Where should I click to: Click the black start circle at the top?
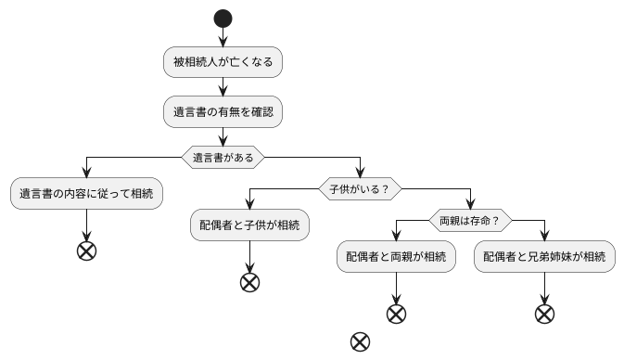[x=223, y=18]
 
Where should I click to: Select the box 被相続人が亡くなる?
[x=223, y=63]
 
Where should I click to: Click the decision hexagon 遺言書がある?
[x=223, y=157]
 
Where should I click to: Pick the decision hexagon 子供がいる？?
[x=359, y=188]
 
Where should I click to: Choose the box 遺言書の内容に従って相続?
[x=86, y=195]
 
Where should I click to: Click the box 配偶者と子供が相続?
[x=249, y=225]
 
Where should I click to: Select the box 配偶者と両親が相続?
[x=396, y=257]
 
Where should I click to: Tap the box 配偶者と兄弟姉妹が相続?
[x=544, y=257]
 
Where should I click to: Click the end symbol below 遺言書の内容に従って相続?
[x=86, y=251]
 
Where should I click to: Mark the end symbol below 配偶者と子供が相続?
[x=249, y=283]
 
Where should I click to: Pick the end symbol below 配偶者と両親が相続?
[x=396, y=314]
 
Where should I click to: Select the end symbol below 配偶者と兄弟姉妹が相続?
[x=544, y=314]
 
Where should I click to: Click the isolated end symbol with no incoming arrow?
[x=360, y=341]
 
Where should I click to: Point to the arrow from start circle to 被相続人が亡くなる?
[x=223, y=36]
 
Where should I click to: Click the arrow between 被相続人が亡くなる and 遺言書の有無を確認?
[x=223, y=87]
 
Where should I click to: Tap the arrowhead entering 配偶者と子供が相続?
[x=249, y=206]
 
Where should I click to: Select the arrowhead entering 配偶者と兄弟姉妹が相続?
[x=544, y=238]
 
